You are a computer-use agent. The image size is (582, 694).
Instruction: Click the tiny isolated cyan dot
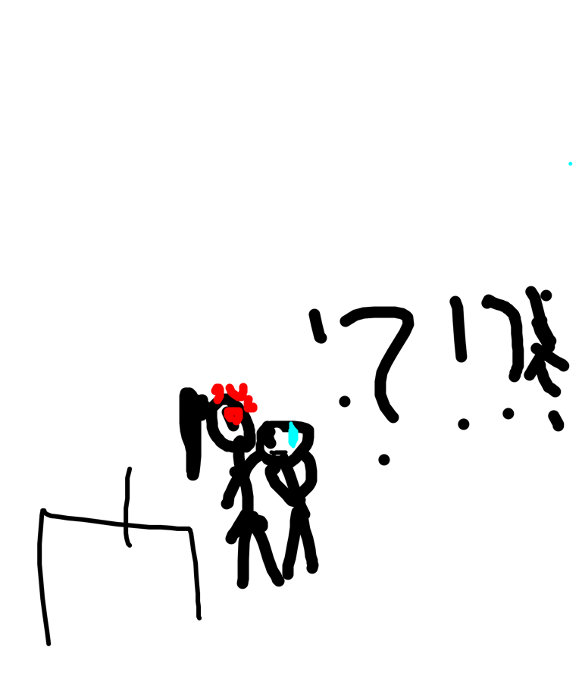tap(571, 164)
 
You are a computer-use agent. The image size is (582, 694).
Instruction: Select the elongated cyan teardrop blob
tap(293, 436)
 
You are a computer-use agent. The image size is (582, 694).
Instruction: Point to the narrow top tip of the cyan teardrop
tap(291, 424)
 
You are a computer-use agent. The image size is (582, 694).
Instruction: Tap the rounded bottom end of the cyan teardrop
tap(293, 445)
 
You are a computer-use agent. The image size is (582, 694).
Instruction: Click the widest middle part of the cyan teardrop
tap(293, 436)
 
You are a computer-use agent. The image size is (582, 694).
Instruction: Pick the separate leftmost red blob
tap(217, 392)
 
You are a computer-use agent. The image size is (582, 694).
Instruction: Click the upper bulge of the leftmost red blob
tap(217, 389)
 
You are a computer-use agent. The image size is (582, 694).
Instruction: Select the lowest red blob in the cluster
tap(233, 414)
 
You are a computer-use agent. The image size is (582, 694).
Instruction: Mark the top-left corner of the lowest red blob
tap(227, 410)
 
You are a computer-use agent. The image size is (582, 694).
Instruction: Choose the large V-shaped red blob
tap(239, 394)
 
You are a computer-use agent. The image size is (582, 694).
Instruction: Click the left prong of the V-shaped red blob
tap(230, 388)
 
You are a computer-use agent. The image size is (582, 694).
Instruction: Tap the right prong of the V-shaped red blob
tap(243, 387)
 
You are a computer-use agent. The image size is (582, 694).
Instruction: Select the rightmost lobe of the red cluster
tap(252, 408)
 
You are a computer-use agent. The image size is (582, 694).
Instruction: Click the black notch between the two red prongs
tap(236, 386)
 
